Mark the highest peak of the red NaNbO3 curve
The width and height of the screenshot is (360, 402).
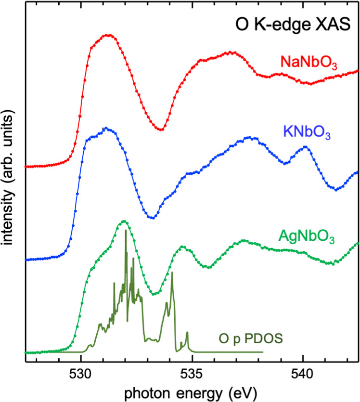coord(108,35)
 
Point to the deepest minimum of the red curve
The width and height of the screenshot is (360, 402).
coord(161,129)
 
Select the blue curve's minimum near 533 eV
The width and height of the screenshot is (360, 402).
coord(152,218)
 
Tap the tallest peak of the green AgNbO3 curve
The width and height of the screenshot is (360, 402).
coord(125,221)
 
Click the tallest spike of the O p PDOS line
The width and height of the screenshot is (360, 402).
coord(126,231)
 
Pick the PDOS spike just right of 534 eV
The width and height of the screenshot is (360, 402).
coord(172,272)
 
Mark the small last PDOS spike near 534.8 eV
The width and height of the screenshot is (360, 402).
coord(187,333)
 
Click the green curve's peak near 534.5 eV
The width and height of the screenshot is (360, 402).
coord(182,246)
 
